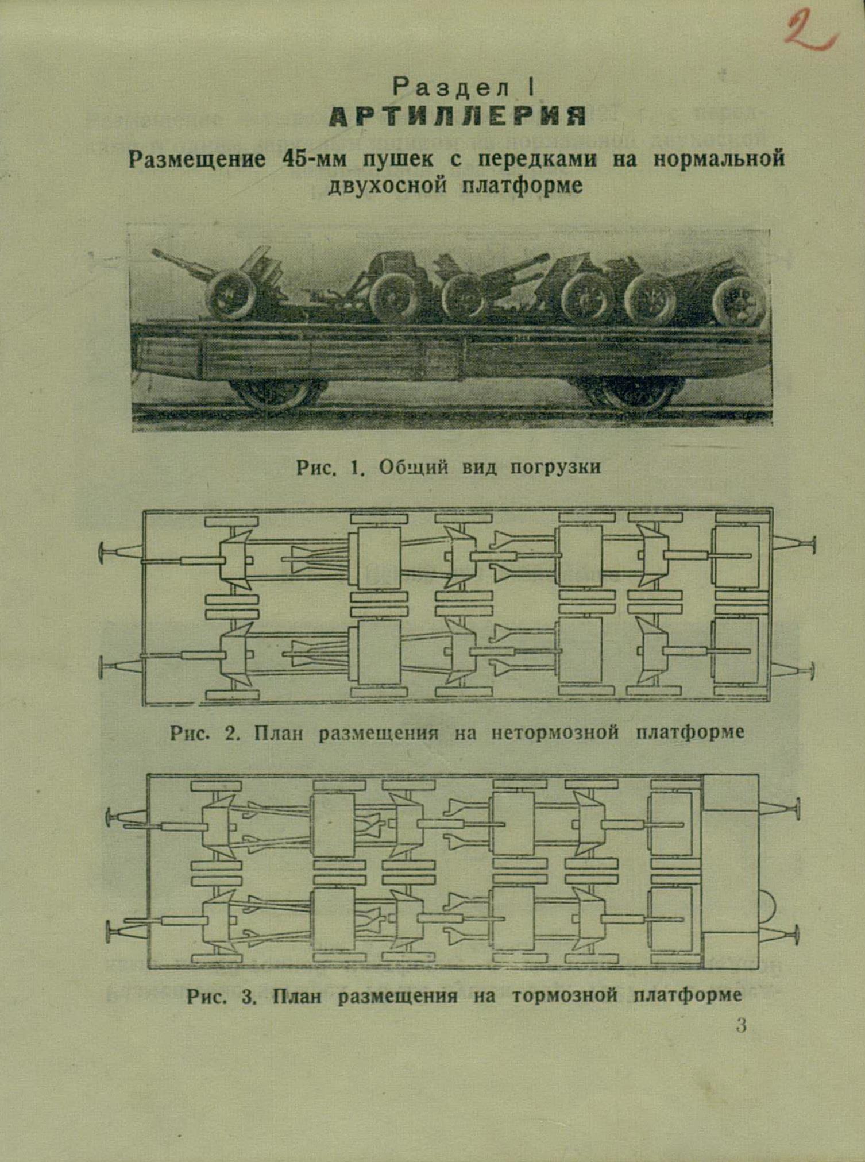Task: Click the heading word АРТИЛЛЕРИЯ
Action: pyautogui.click(x=458, y=117)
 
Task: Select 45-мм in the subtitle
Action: pyautogui.click(x=314, y=159)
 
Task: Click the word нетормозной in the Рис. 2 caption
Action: pyautogui.click(x=555, y=733)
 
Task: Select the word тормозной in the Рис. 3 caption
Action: pyautogui.click(x=565, y=995)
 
